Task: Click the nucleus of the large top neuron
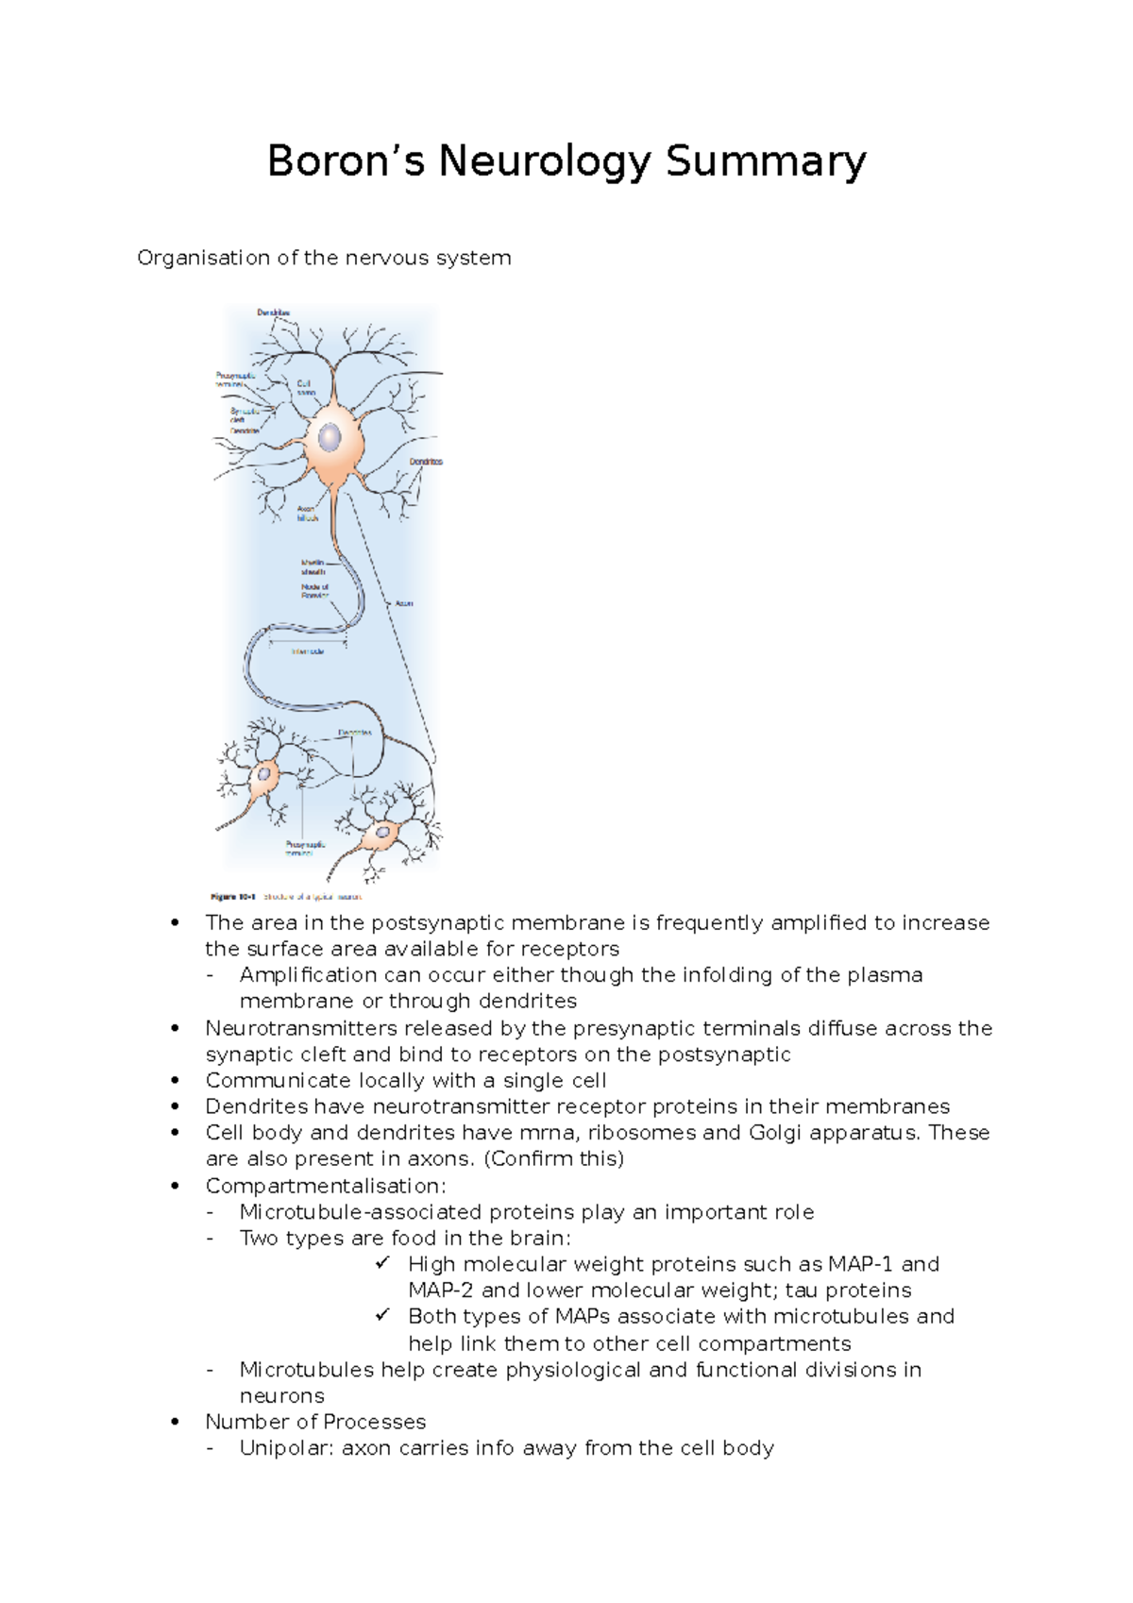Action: pos(330,438)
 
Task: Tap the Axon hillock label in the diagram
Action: pos(308,514)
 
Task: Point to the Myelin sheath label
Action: pos(313,567)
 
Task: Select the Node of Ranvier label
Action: pos(314,591)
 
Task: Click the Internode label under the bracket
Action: pos(308,651)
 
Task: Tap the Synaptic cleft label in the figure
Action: pos(244,415)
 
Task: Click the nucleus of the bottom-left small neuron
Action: pos(264,775)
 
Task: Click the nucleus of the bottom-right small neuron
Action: pos(383,834)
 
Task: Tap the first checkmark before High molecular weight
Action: pos(381,1263)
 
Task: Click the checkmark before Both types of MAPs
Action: pos(381,1315)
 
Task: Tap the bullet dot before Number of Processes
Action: pos(175,1422)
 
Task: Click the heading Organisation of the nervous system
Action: pos(324,258)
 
